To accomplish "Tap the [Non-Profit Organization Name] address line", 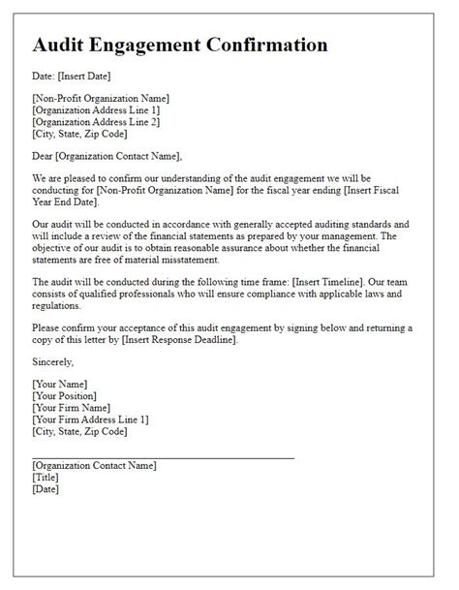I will [x=101, y=99].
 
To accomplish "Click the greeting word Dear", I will [x=45, y=156].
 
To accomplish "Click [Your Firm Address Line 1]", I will [x=90, y=419].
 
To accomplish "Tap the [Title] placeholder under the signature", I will [x=46, y=478].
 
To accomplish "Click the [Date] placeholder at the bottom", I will [x=46, y=489].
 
